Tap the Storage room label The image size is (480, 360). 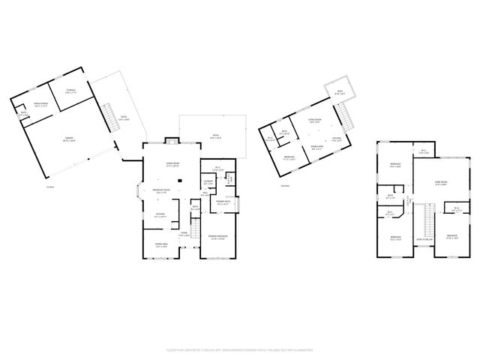click(x=70, y=91)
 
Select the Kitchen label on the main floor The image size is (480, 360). click(x=160, y=214)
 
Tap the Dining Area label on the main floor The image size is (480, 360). click(x=160, y=244)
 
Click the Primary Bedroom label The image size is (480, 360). click(x=217, y=236)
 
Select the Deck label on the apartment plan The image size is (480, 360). click(x=339, y=92)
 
